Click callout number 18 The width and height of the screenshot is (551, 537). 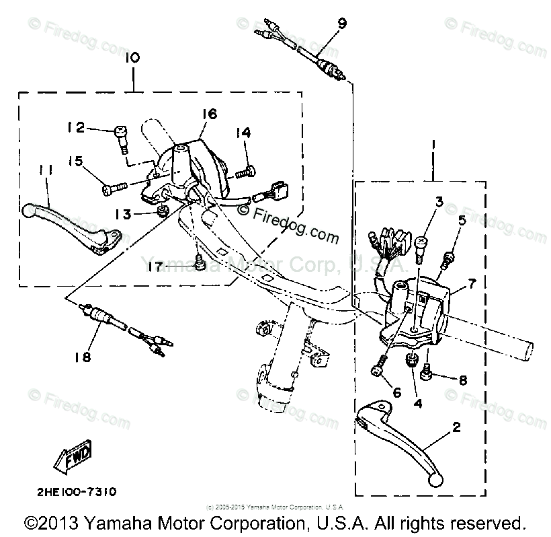pyautogui.click(x=83, y=357)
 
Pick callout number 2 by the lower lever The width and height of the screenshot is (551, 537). pyautogui.click(x=456, y=427)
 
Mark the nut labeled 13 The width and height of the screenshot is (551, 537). pyautogui.click(x=162, y=213)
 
